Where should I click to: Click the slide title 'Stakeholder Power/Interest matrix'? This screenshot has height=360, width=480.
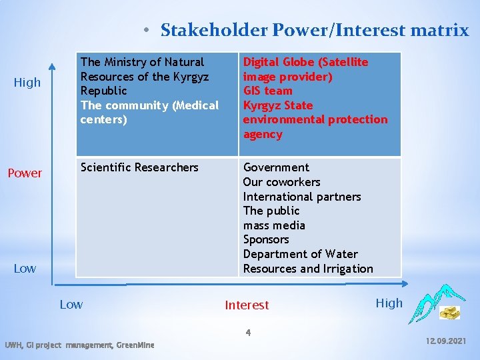click(315, 30)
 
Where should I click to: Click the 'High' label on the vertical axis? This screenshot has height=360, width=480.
click(27, 83)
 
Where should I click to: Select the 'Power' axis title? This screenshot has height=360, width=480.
click(25, 173)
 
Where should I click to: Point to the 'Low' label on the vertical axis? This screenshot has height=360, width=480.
click(25, 269)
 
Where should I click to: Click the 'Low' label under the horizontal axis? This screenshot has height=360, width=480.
click(71, 305)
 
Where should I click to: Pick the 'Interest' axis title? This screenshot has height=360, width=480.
click(247, 305)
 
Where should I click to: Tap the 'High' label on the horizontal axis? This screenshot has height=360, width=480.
click(389, 303)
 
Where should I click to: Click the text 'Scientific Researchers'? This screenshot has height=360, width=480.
click(139, 167)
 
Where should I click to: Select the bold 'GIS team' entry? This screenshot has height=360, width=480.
click(267, 91)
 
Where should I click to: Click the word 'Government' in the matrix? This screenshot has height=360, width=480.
click(276, 167)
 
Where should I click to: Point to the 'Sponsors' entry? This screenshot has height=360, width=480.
click(266, 239)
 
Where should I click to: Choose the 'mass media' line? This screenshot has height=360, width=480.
click(274, 225)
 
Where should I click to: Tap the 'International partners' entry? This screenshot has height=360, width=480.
click(301, 197)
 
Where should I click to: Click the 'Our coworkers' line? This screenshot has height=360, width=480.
click(281, 182)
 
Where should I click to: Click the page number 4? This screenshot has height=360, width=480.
click(247, 332)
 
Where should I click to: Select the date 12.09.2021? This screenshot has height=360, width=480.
click(446, 341)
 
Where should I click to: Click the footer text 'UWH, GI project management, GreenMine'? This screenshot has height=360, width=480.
click(79, 345)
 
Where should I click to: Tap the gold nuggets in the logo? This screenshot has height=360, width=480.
click(449, 312)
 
